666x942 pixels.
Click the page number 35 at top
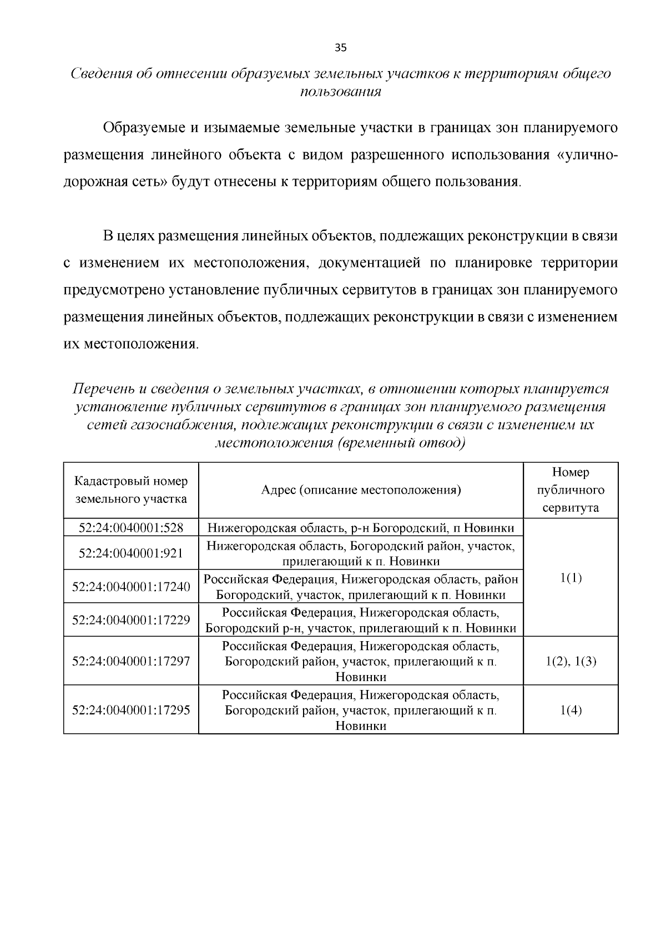tap(340, 48)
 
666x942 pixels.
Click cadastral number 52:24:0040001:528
tap(131, 527)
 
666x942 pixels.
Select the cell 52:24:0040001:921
tap(131, 553)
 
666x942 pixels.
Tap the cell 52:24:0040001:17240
tap(131, 587)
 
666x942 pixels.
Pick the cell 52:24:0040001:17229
tap(131, 619)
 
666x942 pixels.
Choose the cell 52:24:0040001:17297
tap(131, 661)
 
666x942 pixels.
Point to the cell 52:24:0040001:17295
tap(131, 709)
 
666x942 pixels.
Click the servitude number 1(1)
tap(571, 578)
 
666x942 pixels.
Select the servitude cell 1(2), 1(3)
tap(571, 661)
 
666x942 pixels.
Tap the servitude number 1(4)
tap(571, 709)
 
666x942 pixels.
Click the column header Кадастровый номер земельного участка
tap(131, 490)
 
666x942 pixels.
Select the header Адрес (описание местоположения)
tap(361, 490)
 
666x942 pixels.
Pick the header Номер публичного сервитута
tap(571, 490)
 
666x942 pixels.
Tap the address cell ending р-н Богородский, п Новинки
tap(361, 527)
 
